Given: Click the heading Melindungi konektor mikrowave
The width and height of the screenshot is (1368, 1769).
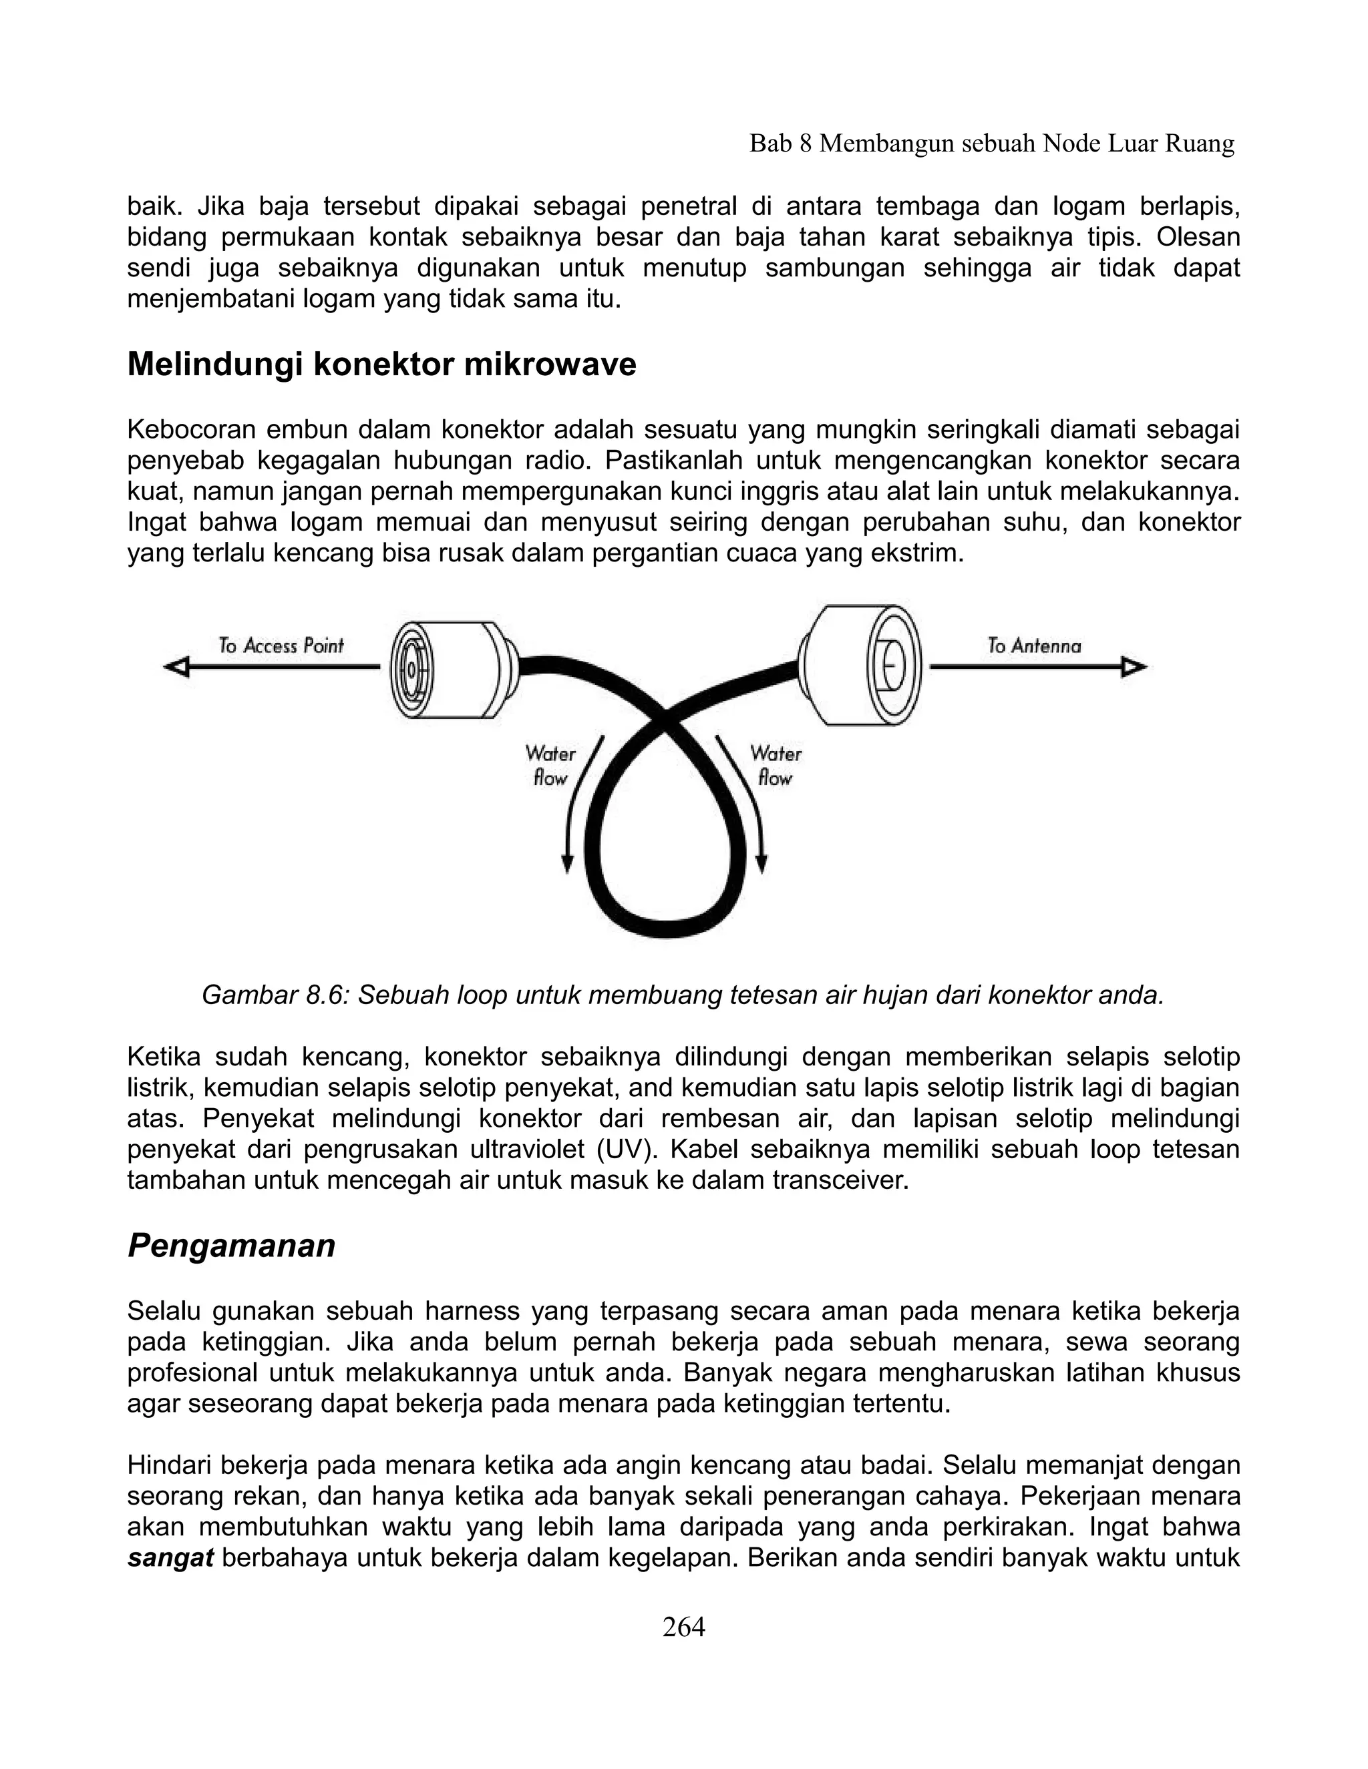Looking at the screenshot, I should click(381, 364).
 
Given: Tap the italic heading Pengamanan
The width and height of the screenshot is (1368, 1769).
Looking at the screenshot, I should click(231, 1245).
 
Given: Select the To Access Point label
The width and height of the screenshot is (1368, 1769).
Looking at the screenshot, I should click(281, 646).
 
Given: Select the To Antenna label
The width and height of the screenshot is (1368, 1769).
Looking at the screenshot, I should click(1033, 646).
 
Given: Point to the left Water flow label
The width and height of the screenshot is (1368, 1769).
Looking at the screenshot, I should click(550, 766).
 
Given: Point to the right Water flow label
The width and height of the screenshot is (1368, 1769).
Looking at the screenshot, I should click(775, 766).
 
